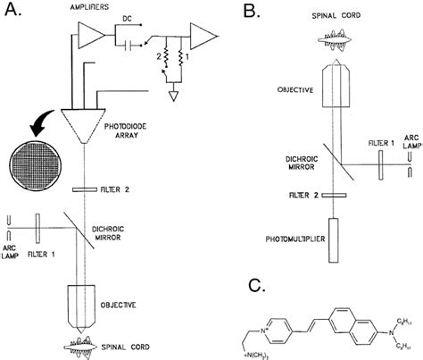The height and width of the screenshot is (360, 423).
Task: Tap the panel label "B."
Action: coord(251,13)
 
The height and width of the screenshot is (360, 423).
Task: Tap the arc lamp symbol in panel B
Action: coord(410,165)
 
